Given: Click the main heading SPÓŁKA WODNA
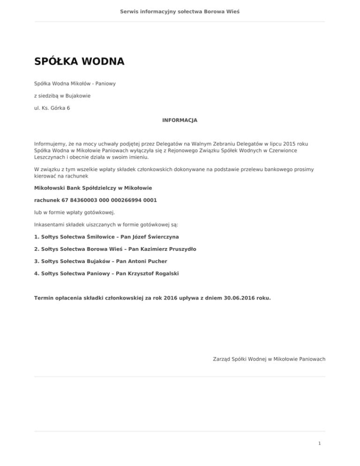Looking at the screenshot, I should point(79,62).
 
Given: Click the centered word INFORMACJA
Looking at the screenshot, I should point(180,120).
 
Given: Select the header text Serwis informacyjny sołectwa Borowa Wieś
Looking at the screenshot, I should point(180,11).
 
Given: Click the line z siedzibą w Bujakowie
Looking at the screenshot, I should point(62,96).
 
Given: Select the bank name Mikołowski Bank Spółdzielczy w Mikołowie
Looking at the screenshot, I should point(93,188).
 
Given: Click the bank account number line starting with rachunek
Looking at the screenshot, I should point(96,200).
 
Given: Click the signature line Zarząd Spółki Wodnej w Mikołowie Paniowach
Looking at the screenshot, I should point(266,359).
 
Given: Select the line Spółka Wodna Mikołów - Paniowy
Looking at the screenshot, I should point(75,83).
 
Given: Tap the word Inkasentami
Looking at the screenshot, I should point(50,225).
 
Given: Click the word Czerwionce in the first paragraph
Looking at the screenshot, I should point(297,151).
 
